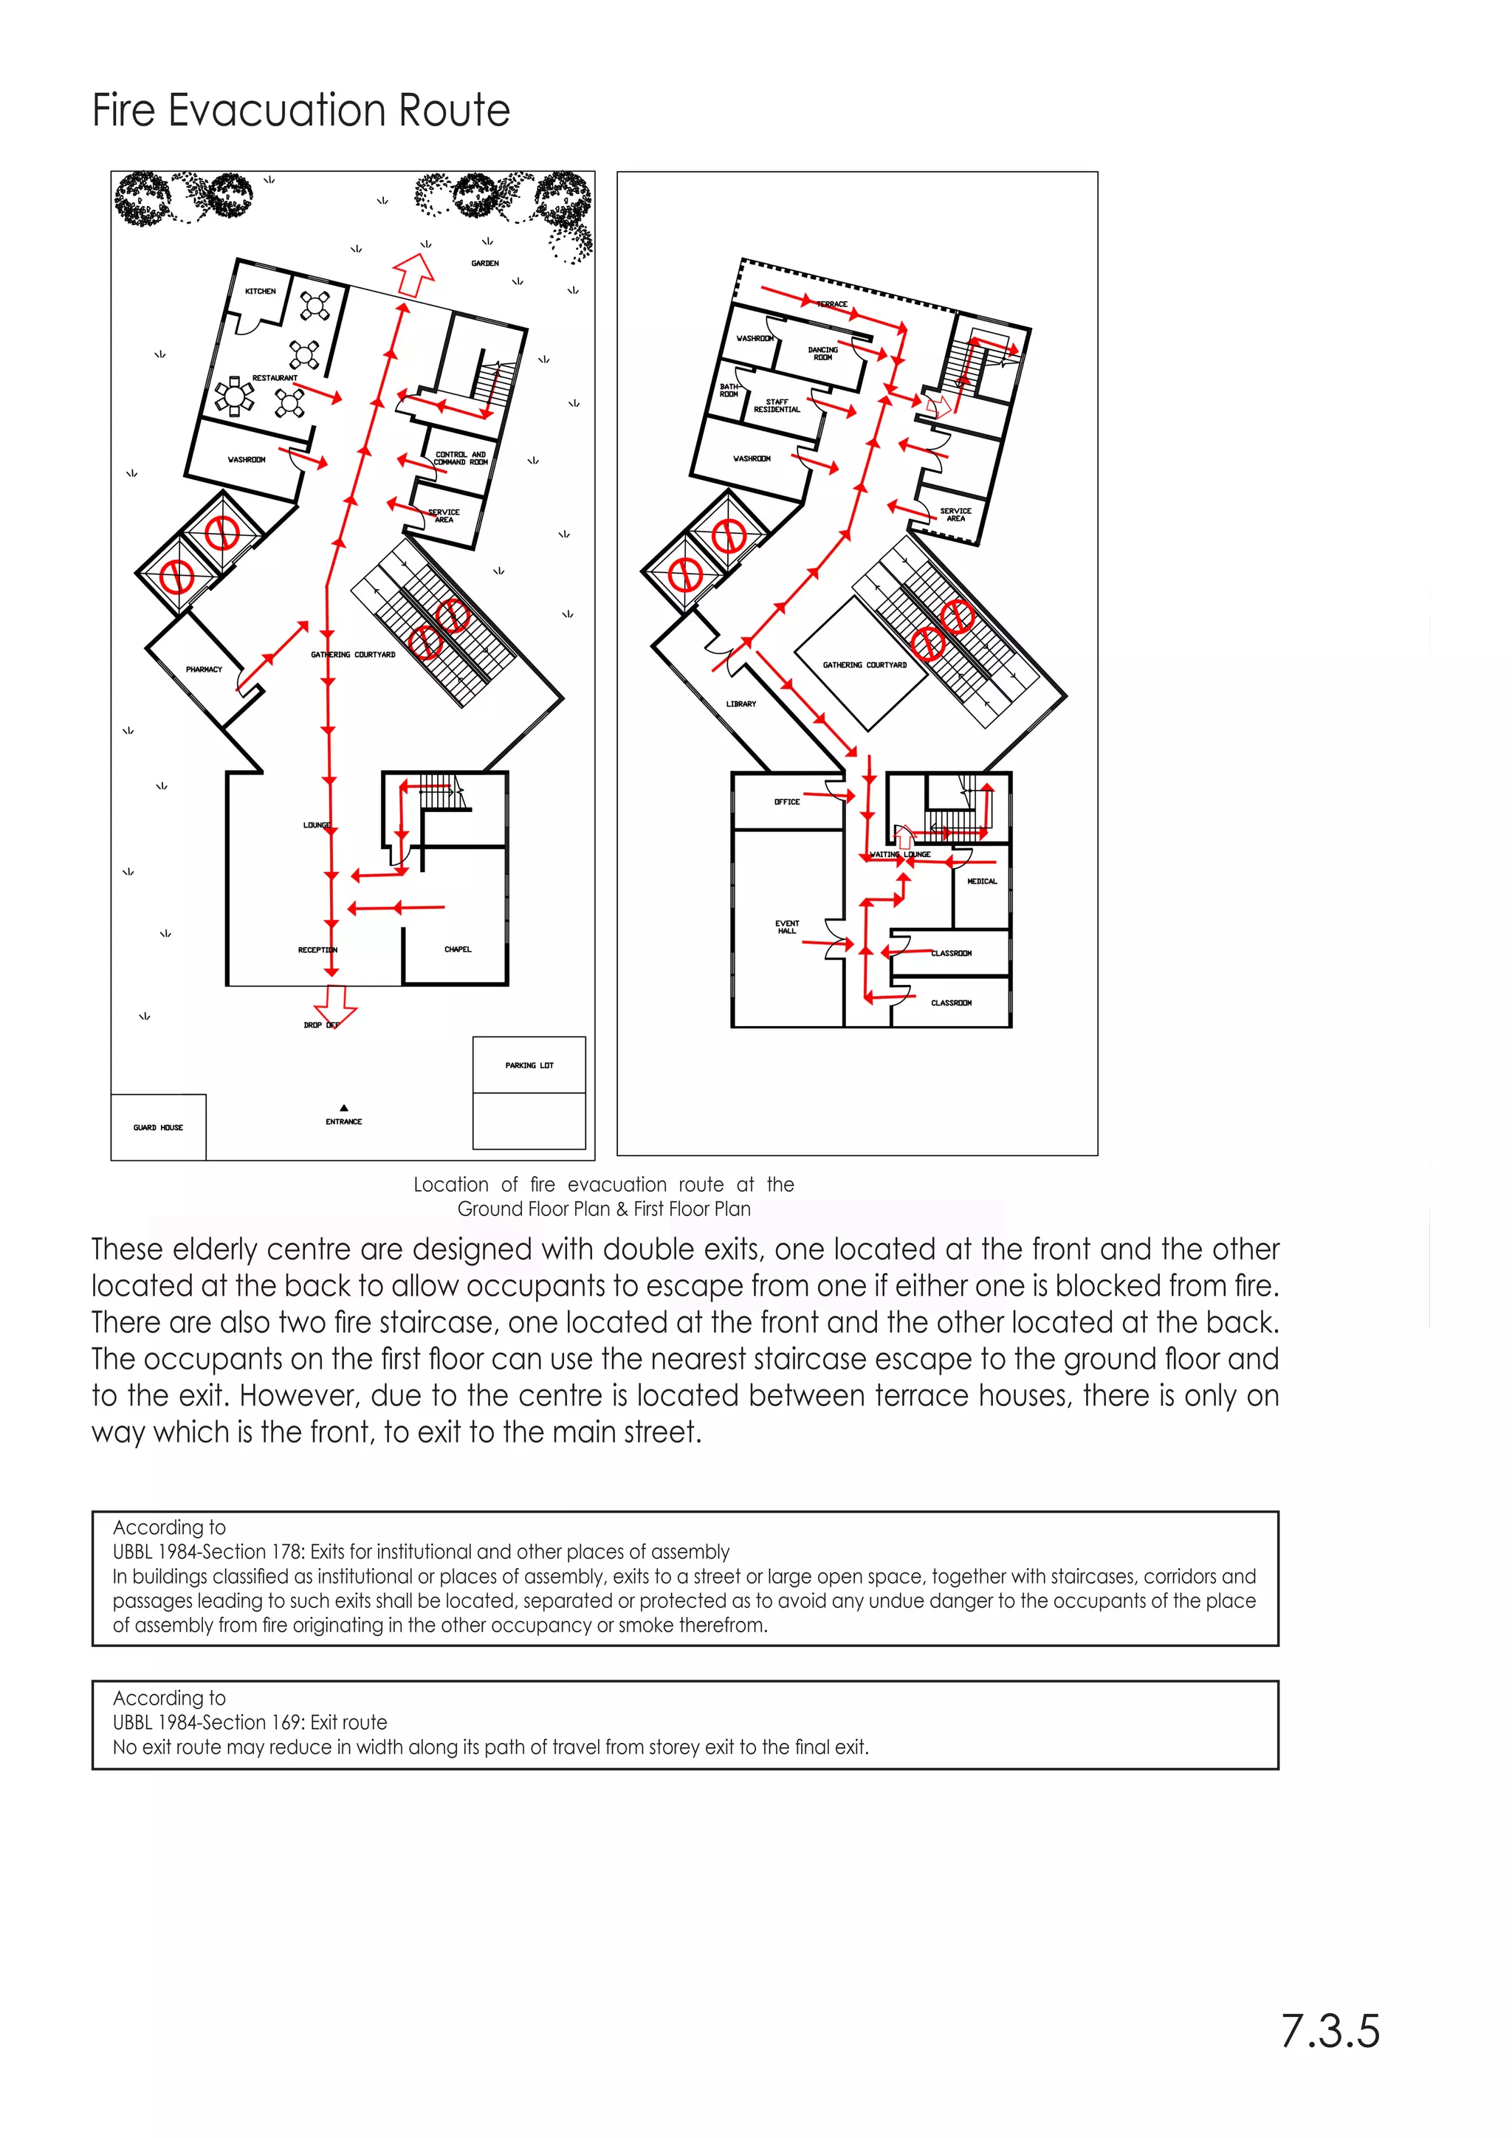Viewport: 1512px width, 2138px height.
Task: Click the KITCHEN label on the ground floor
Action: (x=260, y=292)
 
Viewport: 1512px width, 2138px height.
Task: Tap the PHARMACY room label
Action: (x=204, y=670)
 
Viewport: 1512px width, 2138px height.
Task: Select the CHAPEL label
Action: (x=457, y=950)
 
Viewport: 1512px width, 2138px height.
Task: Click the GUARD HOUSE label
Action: (x=158, y=1127)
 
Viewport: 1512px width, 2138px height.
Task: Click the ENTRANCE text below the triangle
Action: (x=343, y=1122)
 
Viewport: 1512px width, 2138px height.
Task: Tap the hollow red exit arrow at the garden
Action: (x=414, y=274)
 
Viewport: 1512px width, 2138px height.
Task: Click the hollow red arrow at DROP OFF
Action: (x=334, y=1004)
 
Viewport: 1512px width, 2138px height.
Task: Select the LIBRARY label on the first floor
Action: (x=741, y=704)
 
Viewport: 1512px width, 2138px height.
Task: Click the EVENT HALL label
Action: (x=787, y=927)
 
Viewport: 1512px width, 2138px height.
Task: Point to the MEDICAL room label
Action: (x=981, y=881)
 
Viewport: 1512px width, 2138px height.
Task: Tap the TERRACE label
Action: (x=832, y=304)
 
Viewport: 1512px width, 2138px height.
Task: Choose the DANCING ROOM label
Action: (x=823, y=354)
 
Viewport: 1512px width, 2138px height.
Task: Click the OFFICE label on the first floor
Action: (x=787, y=802)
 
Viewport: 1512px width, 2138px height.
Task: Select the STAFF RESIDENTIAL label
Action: (x=777, y=406)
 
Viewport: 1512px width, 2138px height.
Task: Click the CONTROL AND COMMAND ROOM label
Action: (x=460, y=458)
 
